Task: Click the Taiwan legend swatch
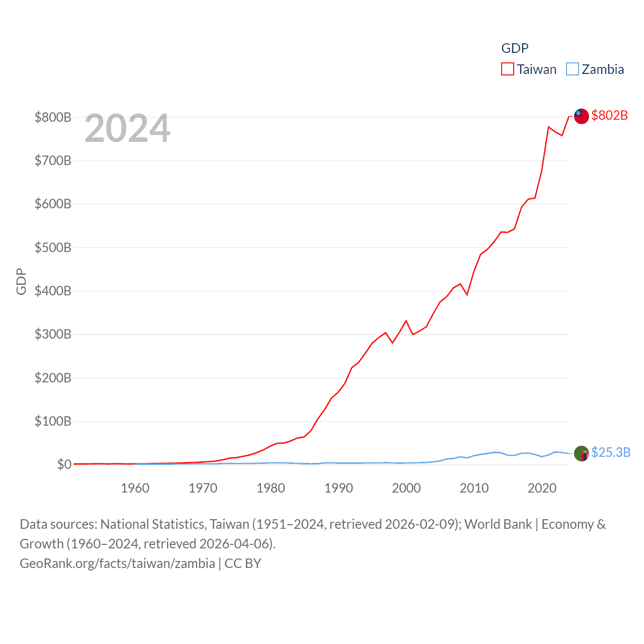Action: [507, 69]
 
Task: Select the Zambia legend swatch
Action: [572, 69]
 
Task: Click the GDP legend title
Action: [515, 48]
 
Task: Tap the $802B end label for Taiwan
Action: [609, 115]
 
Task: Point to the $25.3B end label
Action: [610, 452]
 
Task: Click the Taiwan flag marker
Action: [581, 116]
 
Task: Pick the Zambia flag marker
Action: [581, 453]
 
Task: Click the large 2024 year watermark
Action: [127, 128]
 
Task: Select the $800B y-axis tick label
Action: [53, 117]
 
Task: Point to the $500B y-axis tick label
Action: [53, 248]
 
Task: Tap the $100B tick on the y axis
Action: [53, 421]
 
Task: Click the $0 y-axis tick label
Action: [64, 464]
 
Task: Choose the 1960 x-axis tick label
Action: [135, 488]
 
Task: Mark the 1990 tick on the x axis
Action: [339, 488]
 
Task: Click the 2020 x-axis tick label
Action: [542, 488]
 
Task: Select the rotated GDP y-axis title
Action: [21, 282]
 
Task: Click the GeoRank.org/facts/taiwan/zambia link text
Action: [117, 563]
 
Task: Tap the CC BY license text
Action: [243, 563]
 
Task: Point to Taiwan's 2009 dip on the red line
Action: [467, 294]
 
